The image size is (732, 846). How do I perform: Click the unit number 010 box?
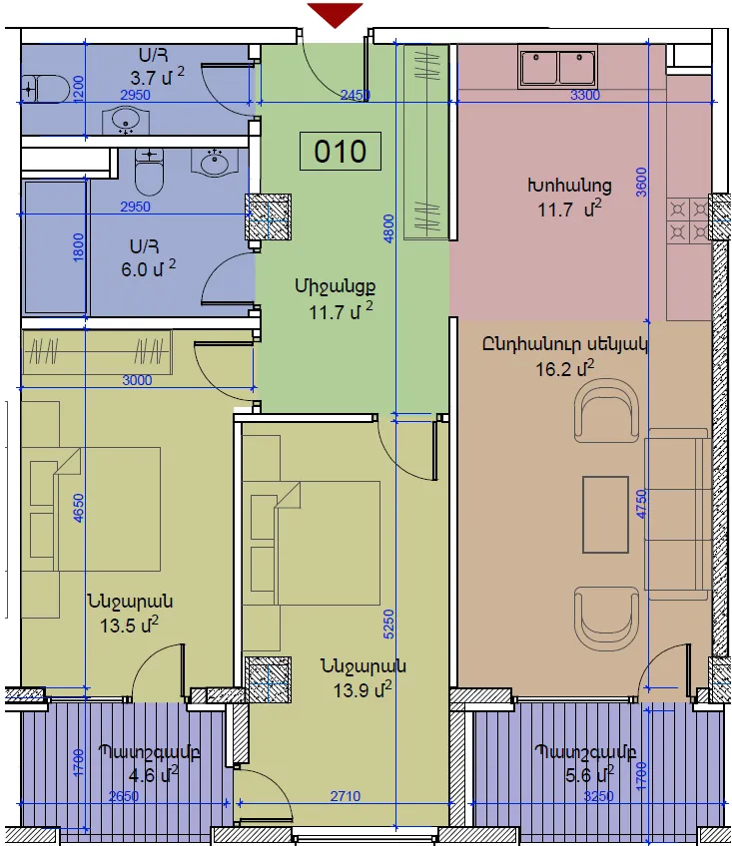click(x=341, y=151)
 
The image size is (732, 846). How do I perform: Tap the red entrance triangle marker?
click(x=335, y=14)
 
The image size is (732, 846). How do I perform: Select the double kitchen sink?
click(x=557, y=67)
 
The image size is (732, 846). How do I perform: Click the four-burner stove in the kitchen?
click(x=689, y=220)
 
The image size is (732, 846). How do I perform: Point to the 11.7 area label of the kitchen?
click(x=569, y=209)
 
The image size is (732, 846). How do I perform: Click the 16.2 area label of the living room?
click(x=564, y=369)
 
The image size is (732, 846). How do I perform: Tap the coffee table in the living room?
click(x=605, y=514)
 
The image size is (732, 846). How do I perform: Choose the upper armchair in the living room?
click(x=606, y=410)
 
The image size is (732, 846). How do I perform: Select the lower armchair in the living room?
click(x=606, y=619)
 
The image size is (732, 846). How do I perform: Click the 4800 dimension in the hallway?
click(x=388, y=228)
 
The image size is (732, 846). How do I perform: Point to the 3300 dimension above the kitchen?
click(x=585, y=95)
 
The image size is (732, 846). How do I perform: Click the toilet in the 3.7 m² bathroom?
click(x=45, y=89)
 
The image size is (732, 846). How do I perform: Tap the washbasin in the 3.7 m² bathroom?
click(x=126, y=121)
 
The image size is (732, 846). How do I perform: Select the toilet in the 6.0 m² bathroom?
click(x=149, y=171)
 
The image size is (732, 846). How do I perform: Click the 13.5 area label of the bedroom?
click(x=129, y=626)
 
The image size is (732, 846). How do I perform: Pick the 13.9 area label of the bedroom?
click(x=363, y=689)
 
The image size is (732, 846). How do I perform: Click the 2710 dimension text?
click(x=346, y=796)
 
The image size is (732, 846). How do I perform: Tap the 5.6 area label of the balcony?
click(x=589, y=775)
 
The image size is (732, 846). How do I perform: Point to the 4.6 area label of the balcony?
click(x=154, y=775)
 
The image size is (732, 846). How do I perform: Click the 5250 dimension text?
click(x=388, y=625)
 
